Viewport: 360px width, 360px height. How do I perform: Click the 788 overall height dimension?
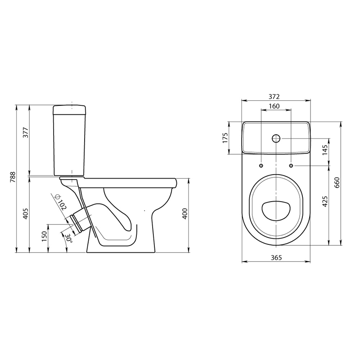point(13,177)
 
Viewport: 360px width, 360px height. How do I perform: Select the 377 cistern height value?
point(26,132)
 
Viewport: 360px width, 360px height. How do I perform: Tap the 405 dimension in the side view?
point(26,213)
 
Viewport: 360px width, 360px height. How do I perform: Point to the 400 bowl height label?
point(185,213)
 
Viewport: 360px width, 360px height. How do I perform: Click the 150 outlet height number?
point(44,236)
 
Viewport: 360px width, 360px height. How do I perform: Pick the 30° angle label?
point(68,239)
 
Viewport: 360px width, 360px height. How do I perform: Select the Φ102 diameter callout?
point(60,202)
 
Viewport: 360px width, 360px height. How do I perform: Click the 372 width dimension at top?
point(274,97)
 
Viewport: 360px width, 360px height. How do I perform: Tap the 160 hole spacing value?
point(274,106)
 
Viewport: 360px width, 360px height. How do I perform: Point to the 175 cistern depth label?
point(225,138)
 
